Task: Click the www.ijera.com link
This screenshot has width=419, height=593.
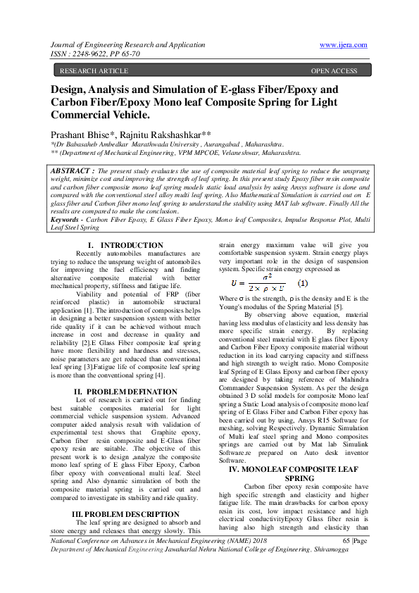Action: (x=343, y=44)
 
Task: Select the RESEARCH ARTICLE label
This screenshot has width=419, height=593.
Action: (x=94, y=71)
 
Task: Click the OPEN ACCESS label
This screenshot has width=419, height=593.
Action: (x=334, y=71)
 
